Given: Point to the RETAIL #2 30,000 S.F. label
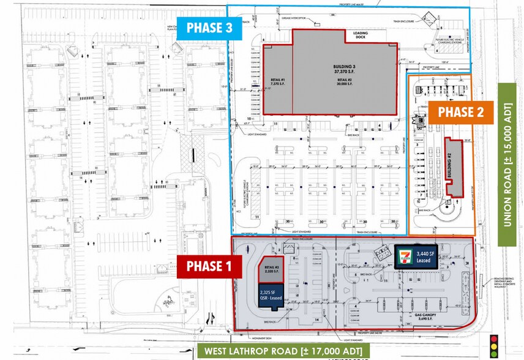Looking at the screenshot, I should tap(345, 80).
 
